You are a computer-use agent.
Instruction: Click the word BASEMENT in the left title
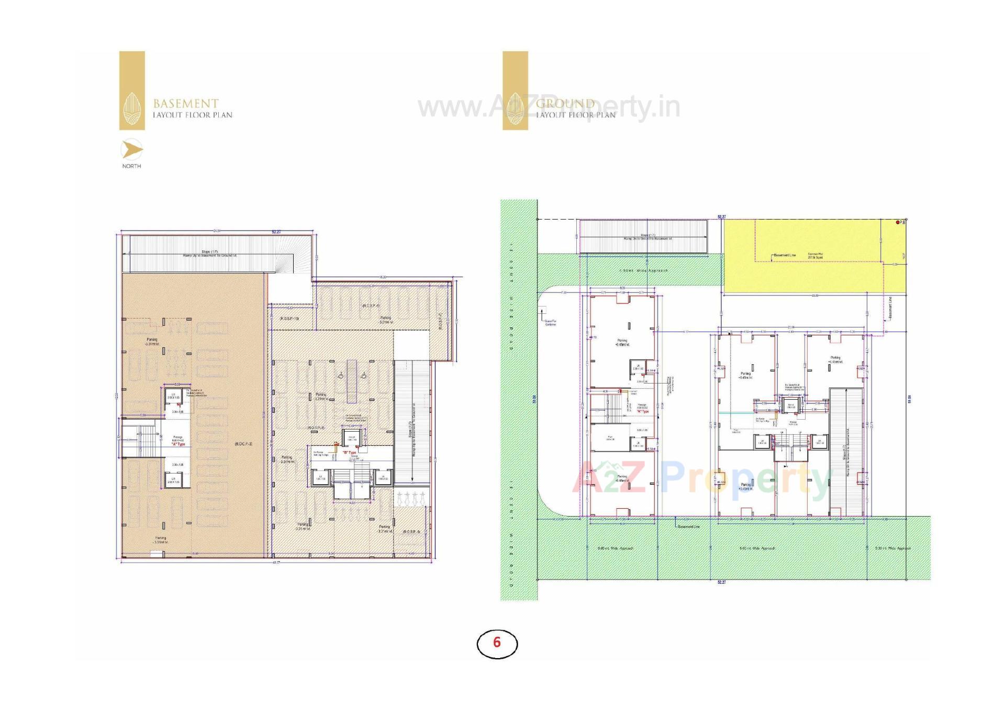186,103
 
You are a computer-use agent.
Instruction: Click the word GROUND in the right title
565,103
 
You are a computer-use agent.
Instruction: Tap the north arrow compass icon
131,150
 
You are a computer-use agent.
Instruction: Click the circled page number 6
497,643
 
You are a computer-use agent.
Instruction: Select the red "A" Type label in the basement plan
178,444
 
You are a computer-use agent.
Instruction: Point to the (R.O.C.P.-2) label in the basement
244,444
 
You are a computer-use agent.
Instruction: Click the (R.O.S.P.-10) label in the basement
289,319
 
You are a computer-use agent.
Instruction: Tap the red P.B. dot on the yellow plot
898,223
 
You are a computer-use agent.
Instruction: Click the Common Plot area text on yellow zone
815,256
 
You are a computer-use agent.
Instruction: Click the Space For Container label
550,323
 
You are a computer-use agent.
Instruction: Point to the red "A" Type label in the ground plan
643,412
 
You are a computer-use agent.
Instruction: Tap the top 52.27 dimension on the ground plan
722,217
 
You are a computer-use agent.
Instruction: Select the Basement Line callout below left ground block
689,527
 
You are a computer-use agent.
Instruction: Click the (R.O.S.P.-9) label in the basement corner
411,532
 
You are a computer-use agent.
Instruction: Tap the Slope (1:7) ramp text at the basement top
209,252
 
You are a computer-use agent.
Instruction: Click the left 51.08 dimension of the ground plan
534,399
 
